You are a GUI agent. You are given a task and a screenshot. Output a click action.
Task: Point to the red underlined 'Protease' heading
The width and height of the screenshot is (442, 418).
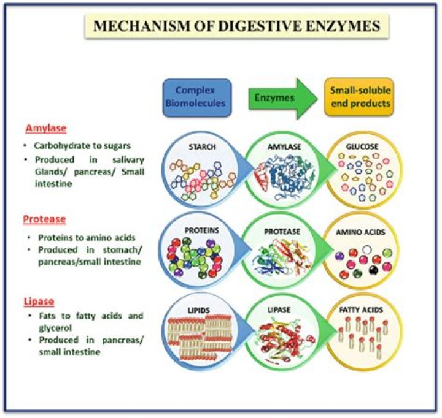coord(45,219)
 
